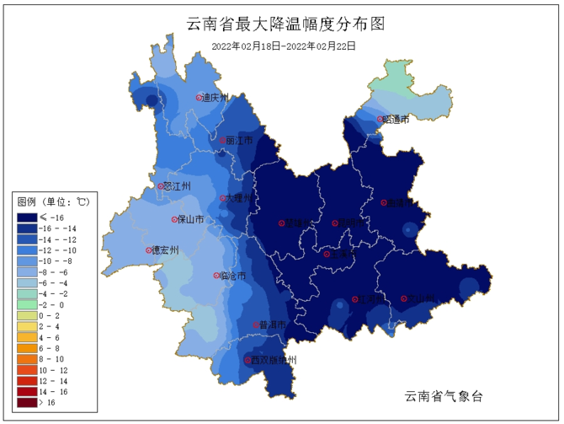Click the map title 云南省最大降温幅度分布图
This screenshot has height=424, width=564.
(x=283, y=24)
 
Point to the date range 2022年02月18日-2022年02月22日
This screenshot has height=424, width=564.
(x=283, y=46)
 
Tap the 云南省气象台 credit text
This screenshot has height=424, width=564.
(x=444, y=395)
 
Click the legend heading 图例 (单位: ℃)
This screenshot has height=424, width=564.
(x=52, y=201)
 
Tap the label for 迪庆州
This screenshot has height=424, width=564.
(x=216, y=98)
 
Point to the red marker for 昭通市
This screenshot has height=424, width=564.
(x=380, y=119)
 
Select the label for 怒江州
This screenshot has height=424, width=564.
(x=177, y=186)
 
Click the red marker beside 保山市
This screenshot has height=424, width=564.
(x=174, y=218)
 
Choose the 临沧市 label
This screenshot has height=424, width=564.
(x=233, y=276)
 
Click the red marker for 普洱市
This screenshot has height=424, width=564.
(x=256, y=325)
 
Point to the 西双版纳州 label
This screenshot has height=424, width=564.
(x=274, y=361)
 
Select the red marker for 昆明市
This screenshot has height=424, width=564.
(x=335, y=223)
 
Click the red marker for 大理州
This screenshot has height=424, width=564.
(x=223, y=198)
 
